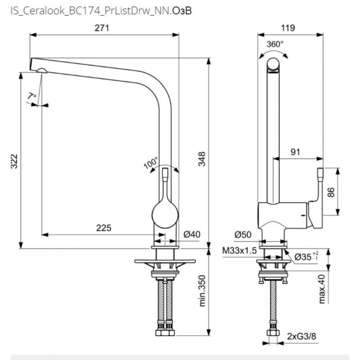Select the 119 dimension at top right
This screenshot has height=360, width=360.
click(x=292, y=28)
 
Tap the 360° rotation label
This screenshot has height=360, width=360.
click(x=275, y=44)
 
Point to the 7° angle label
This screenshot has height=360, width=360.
click(x=32, y=97)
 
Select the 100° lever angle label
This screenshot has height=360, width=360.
click(x=151, y=164)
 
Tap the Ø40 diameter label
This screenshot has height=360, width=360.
click(x=191, y=235)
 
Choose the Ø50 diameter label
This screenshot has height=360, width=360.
click(x=241, y=235)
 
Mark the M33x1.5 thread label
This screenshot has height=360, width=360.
click(x=239, y=250)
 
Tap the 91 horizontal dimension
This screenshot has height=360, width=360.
click(x=295, y=152)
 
